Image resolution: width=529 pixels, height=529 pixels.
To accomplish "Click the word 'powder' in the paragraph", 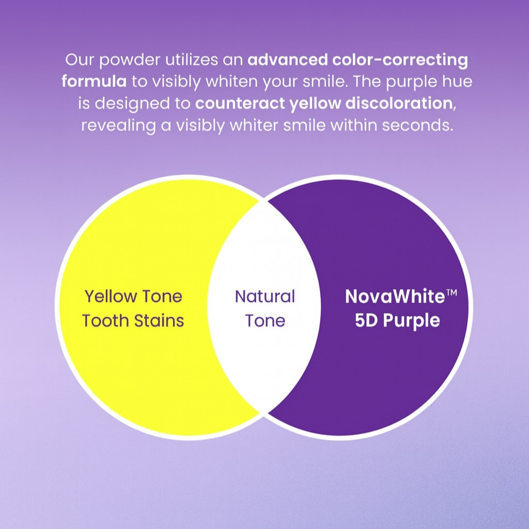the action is tap(130, 60).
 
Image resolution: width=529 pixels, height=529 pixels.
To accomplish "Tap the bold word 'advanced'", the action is tap(288, 59).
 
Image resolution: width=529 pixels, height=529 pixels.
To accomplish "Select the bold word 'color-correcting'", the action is tap(400, 60).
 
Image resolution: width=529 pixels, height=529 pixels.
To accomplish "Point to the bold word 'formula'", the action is tap(94, 81).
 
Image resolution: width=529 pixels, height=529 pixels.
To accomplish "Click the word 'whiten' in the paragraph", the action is tap(232, 81).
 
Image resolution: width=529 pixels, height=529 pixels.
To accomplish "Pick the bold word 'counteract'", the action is tap(240, 103).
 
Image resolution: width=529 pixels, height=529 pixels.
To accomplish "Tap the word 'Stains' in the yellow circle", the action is tap(159, 320).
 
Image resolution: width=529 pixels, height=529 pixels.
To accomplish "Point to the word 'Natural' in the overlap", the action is tap(265, 296).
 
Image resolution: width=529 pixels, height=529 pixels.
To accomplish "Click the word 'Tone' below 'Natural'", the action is tap(265, 320).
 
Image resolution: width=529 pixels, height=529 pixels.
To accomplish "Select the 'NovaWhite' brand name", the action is tap(395, 296).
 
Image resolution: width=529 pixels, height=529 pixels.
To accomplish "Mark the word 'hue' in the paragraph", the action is tap(459, 81).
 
